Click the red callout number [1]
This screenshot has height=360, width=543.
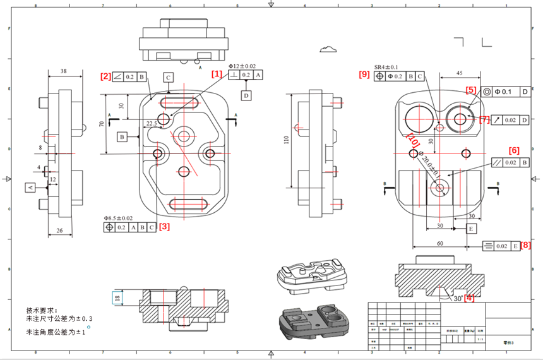click(217, 74)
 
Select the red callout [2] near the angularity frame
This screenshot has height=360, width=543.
click(105, 76)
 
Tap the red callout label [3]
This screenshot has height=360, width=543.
click(164, 225)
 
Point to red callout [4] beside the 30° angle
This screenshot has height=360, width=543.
click(469, 297)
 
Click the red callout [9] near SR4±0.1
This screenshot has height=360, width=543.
click(364, 75)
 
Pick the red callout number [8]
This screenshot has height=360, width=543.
click(524, 245)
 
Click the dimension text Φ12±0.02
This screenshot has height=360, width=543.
click(241, 66)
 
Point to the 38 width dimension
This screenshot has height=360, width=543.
click(63, 71)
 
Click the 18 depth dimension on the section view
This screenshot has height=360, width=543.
click(116, 297)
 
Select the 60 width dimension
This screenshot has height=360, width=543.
click(439, 243)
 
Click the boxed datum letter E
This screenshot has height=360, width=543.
click(471, 228)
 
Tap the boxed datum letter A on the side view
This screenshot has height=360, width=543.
click(29, 188)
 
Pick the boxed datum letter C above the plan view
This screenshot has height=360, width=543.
click(168, 78)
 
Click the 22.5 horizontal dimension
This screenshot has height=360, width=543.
click(151, 124)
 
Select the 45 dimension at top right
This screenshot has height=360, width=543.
click(459, 73)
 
